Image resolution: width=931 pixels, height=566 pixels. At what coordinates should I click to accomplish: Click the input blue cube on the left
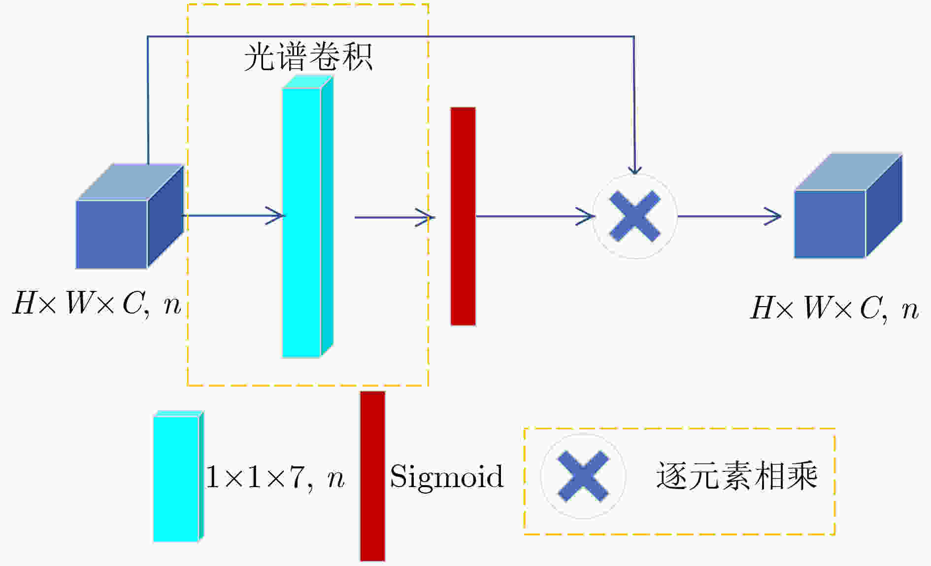(x=130, y=216)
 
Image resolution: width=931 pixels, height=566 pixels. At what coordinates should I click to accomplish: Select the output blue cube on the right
(x=848, y=206)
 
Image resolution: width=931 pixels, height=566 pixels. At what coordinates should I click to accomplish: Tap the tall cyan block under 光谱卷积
(x=307, y=216)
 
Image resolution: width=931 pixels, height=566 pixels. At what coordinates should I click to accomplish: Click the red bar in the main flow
(x=463, y=216)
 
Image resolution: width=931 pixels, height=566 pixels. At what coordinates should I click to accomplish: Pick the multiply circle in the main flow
(x=634, y=216)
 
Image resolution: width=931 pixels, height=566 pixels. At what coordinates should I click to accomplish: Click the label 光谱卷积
(x=308, y=57)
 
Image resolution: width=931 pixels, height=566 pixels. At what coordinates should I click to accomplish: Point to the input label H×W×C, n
(x=97, y=303)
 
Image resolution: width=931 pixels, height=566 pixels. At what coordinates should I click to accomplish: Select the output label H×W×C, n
(x=834, y=309)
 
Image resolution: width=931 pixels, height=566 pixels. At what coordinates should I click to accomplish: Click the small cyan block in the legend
(x=178, y=476)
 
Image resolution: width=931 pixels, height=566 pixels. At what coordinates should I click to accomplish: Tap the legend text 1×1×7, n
(x=275, y=477)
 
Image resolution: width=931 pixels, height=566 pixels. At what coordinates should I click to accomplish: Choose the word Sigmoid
(x=447, y=477)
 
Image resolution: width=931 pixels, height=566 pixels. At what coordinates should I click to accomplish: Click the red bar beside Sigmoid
(x=372, y=476)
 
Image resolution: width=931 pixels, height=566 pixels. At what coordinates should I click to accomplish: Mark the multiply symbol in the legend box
(x=583, y=476)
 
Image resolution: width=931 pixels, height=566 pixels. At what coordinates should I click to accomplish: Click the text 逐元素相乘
(x=737, y=476)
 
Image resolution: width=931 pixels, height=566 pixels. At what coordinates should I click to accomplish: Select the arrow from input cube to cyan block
(x=233, y=215)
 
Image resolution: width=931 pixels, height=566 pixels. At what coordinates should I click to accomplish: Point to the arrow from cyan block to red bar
(x=395, y=217)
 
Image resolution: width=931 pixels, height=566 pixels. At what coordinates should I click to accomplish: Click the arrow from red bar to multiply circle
(x=535, y=216)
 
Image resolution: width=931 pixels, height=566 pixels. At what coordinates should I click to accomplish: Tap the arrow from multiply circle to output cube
(x=730, y=216)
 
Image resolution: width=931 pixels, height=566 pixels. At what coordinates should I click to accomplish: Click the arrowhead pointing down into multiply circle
(x=635, y=169)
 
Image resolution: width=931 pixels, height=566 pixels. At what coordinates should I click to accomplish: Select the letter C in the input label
(x=133, y=303)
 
